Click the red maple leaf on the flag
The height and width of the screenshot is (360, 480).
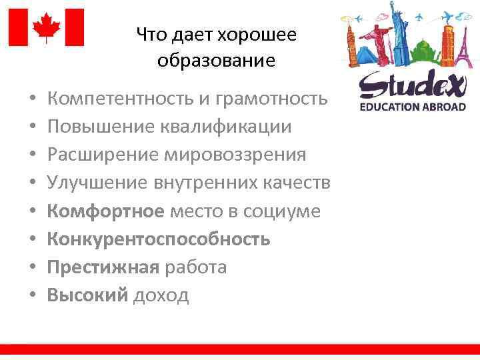pyautogui.click(x=47, y=27)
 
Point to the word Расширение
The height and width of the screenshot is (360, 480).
pyautogui.click(x=101, y=155)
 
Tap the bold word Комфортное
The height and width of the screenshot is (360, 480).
pyautogui.click(x=105, y=211)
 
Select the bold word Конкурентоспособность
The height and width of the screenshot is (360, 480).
pyautogui.click(x=159, y=239)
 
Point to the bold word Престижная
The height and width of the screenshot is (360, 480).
pyautogui.click(x=103, y=267)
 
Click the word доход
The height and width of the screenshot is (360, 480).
pyautogui.click(x=161, y=295)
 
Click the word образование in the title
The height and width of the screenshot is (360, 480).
pyautogui.click(x=217, y=61)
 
